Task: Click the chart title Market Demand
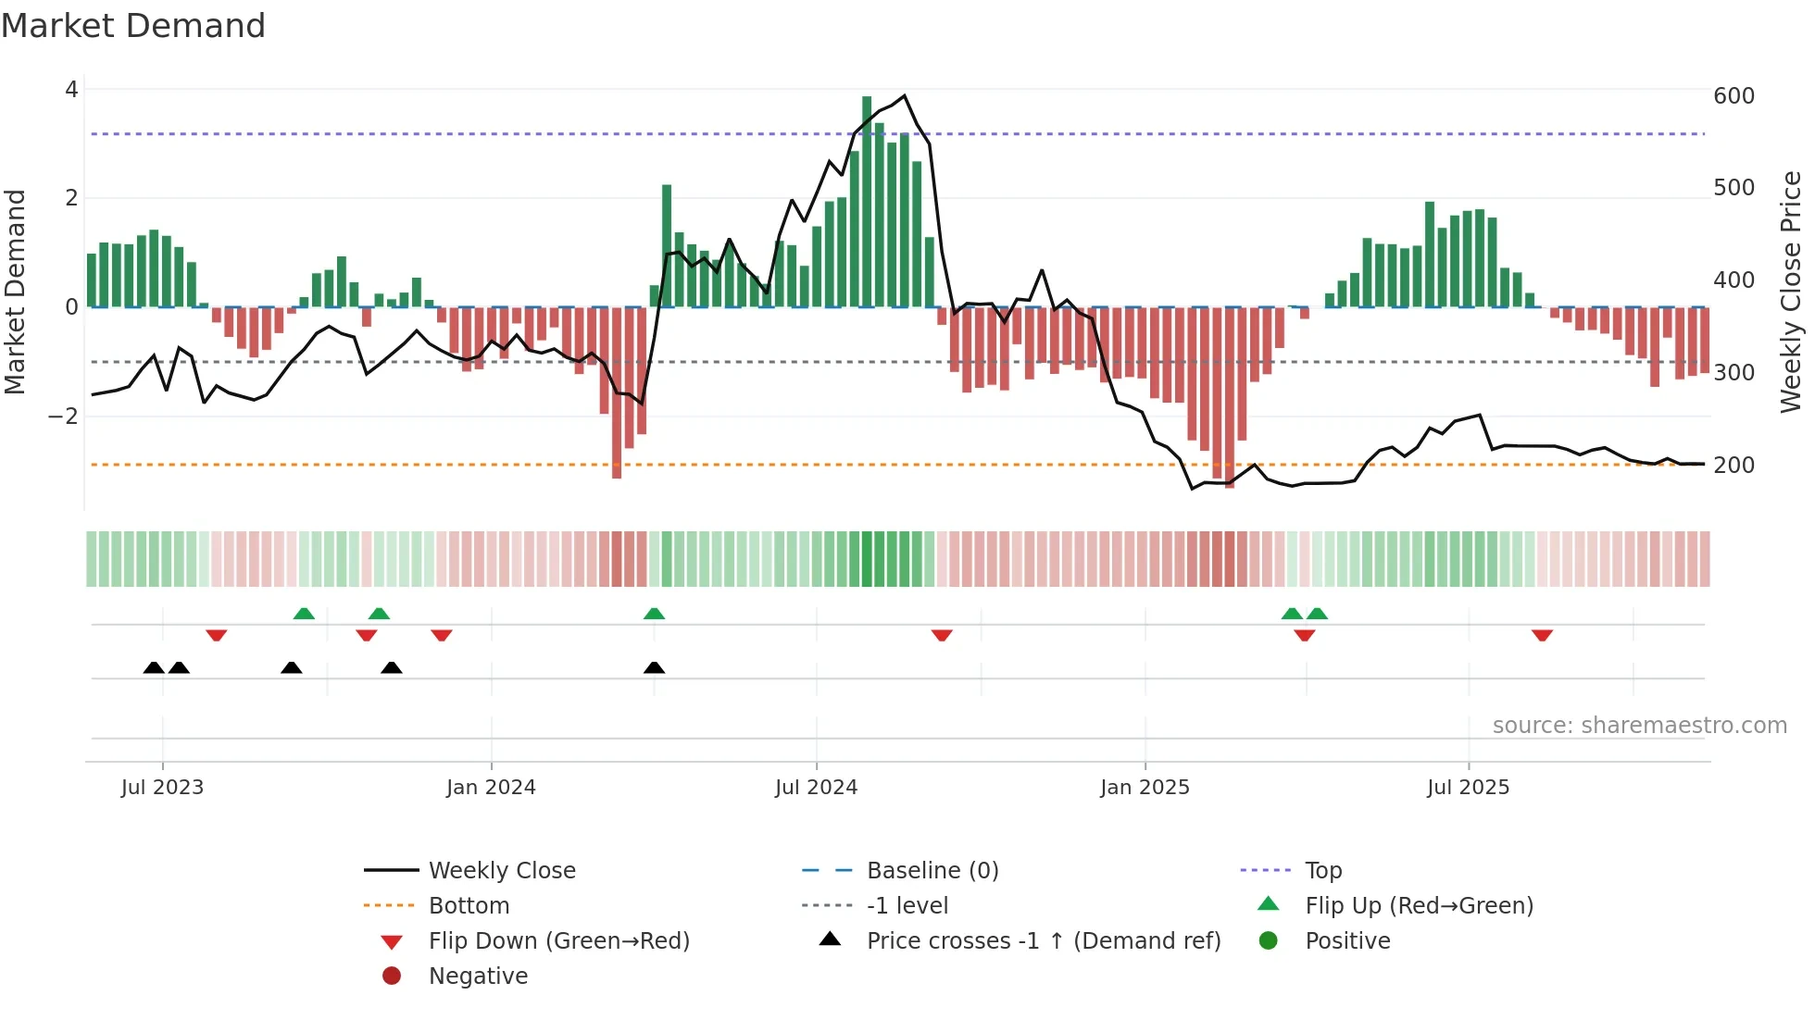[x=133, y=26]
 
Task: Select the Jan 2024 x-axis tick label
[x=491, y=788]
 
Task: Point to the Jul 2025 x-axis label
[x=1468, y=788]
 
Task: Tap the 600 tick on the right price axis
[x=1734, y=96]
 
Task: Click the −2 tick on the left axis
[x=63, y=417]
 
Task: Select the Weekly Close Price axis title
[x=1791, y=292]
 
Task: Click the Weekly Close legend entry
[x=501, y=871]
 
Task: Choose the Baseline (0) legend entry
[x=932, y=871]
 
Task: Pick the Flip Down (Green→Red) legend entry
[x=558, y=941]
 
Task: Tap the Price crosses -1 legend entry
[x=1043, y=941]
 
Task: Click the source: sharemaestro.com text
[x=1639, y=726]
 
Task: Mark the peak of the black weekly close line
[x=904, y=95]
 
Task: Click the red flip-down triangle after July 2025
[x=1542, y=635]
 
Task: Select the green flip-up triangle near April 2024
[x=654, y=614]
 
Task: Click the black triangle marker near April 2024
[x=654, y=667]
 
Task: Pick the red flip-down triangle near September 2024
[x=942, y=635]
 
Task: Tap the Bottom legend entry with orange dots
[x=469, y=906]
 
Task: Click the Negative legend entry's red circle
[x=392, y=976]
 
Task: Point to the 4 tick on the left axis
[x=71, y=90]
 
